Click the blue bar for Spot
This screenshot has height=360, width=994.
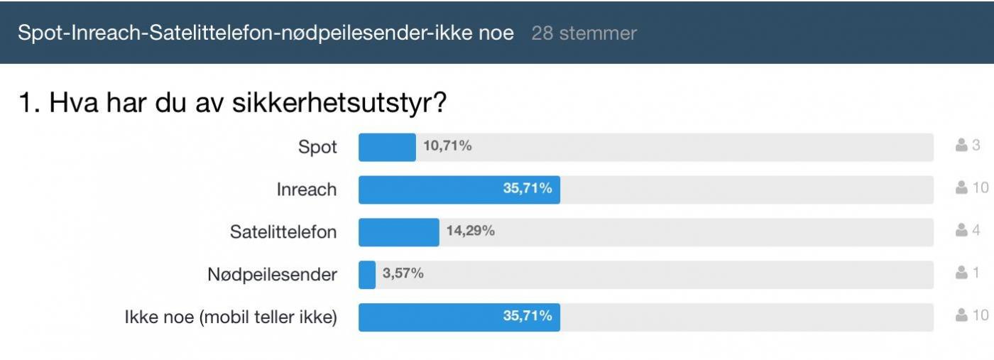click(387, 147)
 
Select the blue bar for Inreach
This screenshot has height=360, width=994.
click(459, 190)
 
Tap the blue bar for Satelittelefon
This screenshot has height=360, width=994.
click(398, 232)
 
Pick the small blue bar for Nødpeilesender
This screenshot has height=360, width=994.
click(367, 275)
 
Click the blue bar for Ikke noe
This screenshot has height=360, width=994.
click(459, 317)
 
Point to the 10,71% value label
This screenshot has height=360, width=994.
click(447, 147)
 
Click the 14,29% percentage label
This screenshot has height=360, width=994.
click(470, 231)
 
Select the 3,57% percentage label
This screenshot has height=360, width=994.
click(403, 274)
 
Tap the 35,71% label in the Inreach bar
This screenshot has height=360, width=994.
click(528, 190)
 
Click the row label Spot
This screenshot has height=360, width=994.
click(317, 148)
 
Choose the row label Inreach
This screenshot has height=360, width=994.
click(307, 190)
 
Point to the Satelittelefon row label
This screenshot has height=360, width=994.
click(283, 232)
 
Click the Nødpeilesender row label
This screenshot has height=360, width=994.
click(273, 275)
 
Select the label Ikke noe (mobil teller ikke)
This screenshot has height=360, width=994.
click(231, 317)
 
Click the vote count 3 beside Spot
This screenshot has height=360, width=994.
click(976, 146)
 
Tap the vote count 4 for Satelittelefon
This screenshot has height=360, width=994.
click(976, 230)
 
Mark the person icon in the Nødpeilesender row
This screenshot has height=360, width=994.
click(962, 273)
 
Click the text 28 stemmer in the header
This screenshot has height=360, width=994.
click(584, 33)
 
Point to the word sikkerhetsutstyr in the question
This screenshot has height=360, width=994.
click(339, 104)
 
